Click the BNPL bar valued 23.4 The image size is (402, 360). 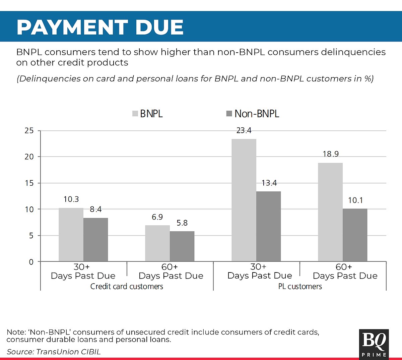(244, 200)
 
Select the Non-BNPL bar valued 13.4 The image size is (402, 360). (268, 226)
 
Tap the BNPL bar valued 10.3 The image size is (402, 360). (71, 235)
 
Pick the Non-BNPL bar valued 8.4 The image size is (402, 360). (95, 240)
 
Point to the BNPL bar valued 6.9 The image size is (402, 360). (157, 243)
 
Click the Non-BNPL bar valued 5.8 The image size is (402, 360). (182, 246)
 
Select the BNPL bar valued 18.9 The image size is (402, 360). (330, 212)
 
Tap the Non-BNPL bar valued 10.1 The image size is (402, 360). (355, 235)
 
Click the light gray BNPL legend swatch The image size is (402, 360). (135, 114)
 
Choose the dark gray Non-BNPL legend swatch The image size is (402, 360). (229, 114)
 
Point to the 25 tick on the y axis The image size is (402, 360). (29, 130)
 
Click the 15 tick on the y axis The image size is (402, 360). (29, 183)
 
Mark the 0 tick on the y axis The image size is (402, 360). (31, 262)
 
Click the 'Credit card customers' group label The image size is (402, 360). (127, 286)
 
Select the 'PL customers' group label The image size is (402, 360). (300, 286)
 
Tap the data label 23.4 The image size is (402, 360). (244, 130)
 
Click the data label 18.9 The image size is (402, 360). (331, 154)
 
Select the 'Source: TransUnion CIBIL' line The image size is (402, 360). (54, 352)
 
